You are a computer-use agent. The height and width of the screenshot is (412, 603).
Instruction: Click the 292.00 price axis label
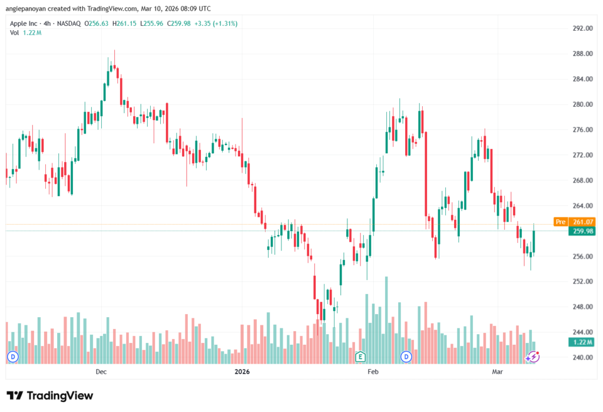[x=582, y=28]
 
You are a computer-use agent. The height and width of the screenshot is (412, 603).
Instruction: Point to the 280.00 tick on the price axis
[x=582, y=104]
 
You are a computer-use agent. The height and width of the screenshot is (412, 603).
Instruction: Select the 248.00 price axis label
[x=582, y=307]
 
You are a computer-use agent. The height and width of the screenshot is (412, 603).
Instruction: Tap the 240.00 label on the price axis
[x=582, y=357]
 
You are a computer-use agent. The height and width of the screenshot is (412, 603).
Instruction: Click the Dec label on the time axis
[x=101, y=371]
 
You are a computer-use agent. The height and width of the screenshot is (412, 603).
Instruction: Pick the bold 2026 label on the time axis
[x=242, y=371]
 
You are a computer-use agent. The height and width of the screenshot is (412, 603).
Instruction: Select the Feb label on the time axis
[x=373, y=371]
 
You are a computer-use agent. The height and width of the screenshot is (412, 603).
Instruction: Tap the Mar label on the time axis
[x=497, y=371]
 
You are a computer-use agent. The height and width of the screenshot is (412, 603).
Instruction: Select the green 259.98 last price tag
[x=582, y=231]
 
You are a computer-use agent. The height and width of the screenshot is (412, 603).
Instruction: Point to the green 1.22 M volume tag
[x=582, y=342]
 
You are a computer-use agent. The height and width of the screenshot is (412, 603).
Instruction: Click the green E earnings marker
[x=360, y=357]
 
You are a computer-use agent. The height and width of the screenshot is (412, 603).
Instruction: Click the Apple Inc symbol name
[x=24, y=24]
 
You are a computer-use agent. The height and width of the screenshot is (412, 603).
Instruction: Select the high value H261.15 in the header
[x=124, y=24]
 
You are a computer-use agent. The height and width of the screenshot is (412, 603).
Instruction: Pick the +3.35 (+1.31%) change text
[x=216, y=24]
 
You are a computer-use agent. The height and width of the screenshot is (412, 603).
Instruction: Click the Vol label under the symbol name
[x=14, y=33]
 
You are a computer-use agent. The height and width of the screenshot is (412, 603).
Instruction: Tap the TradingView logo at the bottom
[x=50, y=395]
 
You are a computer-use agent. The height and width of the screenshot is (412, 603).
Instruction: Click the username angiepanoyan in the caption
[x=26, y=8]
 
